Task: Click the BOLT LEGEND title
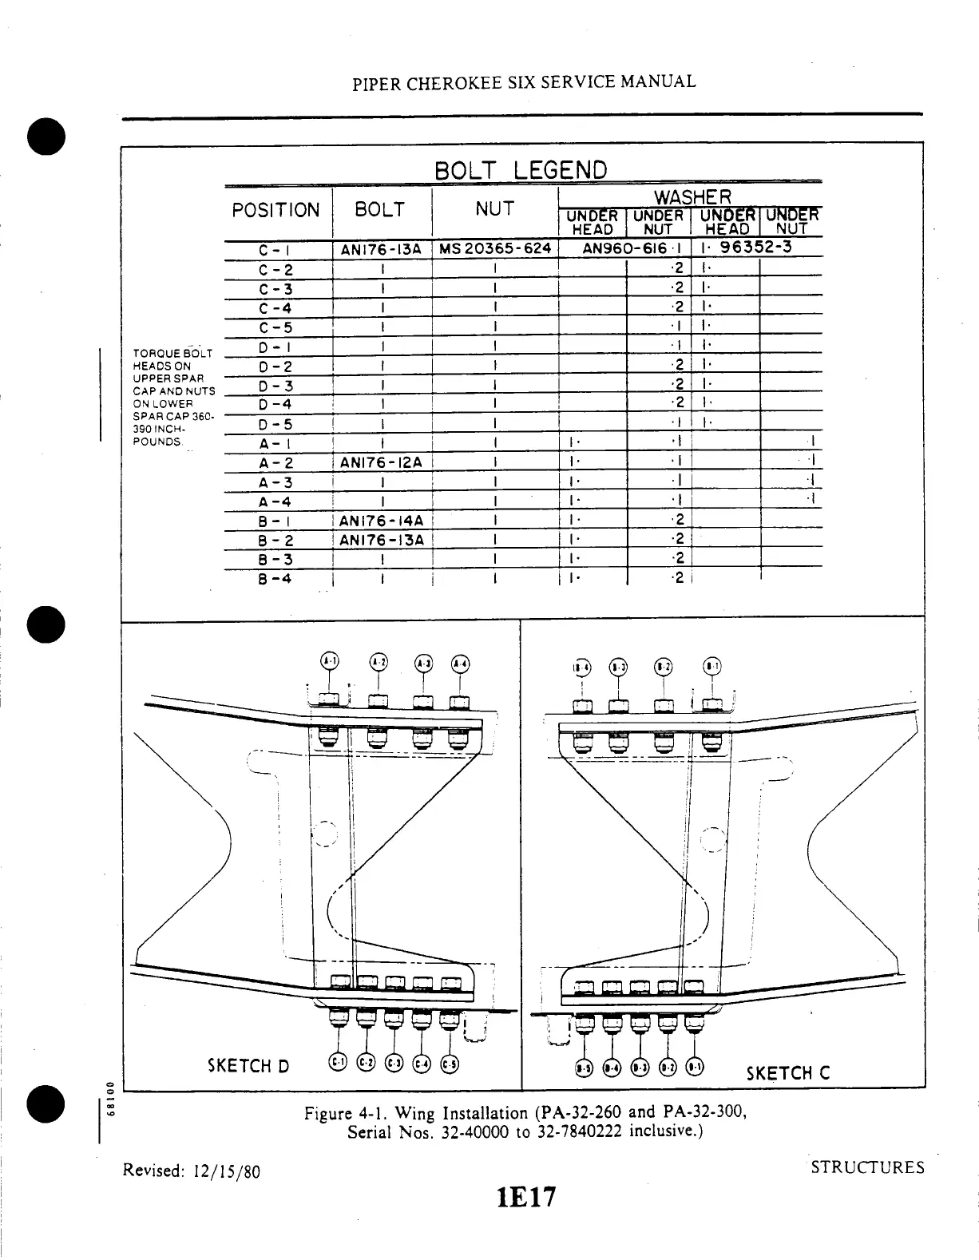pyautogui.click(x=521, y=170)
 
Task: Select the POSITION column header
pyautogui.click(x=275, y=210)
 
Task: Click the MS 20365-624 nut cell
pyautogui.click(x=494, y=248)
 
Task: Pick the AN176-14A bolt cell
pyautogui.click(x=381, y=521)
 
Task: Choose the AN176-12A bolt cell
pyautogui.click(x=381, y=462)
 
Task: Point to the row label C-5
pyautogui.click(x=276, y=327)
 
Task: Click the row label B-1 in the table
pyautogui.click(x=275, y=521)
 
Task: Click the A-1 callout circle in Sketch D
pyautogui.click(x=329, y=660)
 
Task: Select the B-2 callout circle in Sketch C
pyautogui.click(x=663, y=666)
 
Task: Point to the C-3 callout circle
pyautogui.click(x=394, y=1062)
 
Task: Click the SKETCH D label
pyautogui.click(x=248, y=1065)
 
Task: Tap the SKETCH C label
pyautogui.click(x=787, y=1072)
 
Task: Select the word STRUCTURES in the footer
pyautogui.click(x=867, y=1167)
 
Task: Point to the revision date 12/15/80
pyautogui.click(x=225, y=1171)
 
